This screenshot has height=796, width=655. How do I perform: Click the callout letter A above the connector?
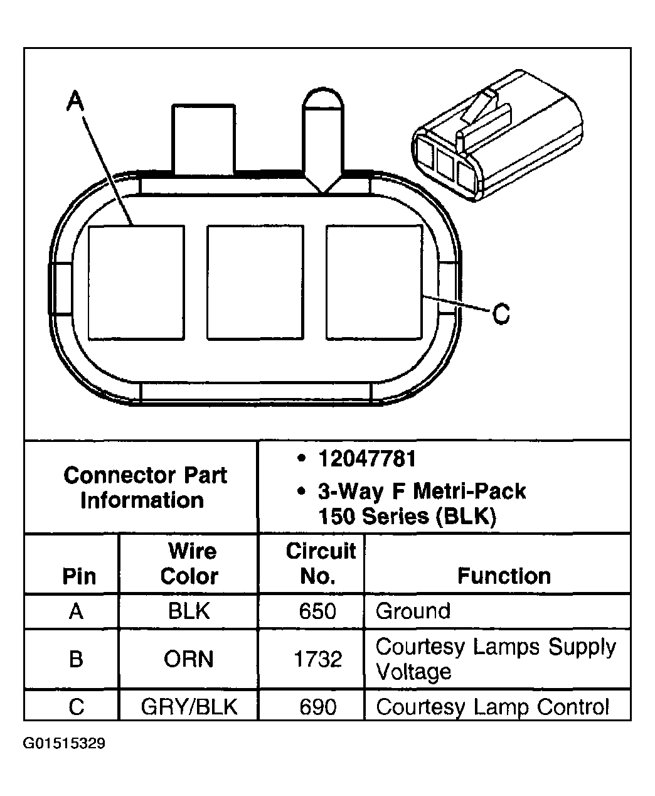(75, 100)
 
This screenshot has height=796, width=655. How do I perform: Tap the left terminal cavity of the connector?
(136, 282)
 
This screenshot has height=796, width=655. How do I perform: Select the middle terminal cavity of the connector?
(255, 282)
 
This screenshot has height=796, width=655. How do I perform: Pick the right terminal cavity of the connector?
(374, 282)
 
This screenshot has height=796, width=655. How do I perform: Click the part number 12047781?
(367, 459)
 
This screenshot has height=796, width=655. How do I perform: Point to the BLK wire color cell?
(188, 611)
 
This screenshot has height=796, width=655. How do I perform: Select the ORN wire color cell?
(188, 659)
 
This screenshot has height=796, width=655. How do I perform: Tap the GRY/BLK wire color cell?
(188, 707)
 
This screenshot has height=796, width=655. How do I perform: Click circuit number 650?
(317, 611)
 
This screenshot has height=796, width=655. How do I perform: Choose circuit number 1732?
(317, 659)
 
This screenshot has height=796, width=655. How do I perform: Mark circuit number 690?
(317, 707)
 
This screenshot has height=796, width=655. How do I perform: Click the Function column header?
(504, 576)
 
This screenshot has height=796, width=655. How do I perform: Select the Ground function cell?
(413, 611)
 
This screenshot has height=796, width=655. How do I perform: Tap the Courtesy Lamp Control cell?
(492, 707)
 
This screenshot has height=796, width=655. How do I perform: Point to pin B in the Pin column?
(76, 659)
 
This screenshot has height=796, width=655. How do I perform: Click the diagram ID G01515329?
(64, 744)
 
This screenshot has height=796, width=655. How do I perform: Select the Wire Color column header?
(189, 564)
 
